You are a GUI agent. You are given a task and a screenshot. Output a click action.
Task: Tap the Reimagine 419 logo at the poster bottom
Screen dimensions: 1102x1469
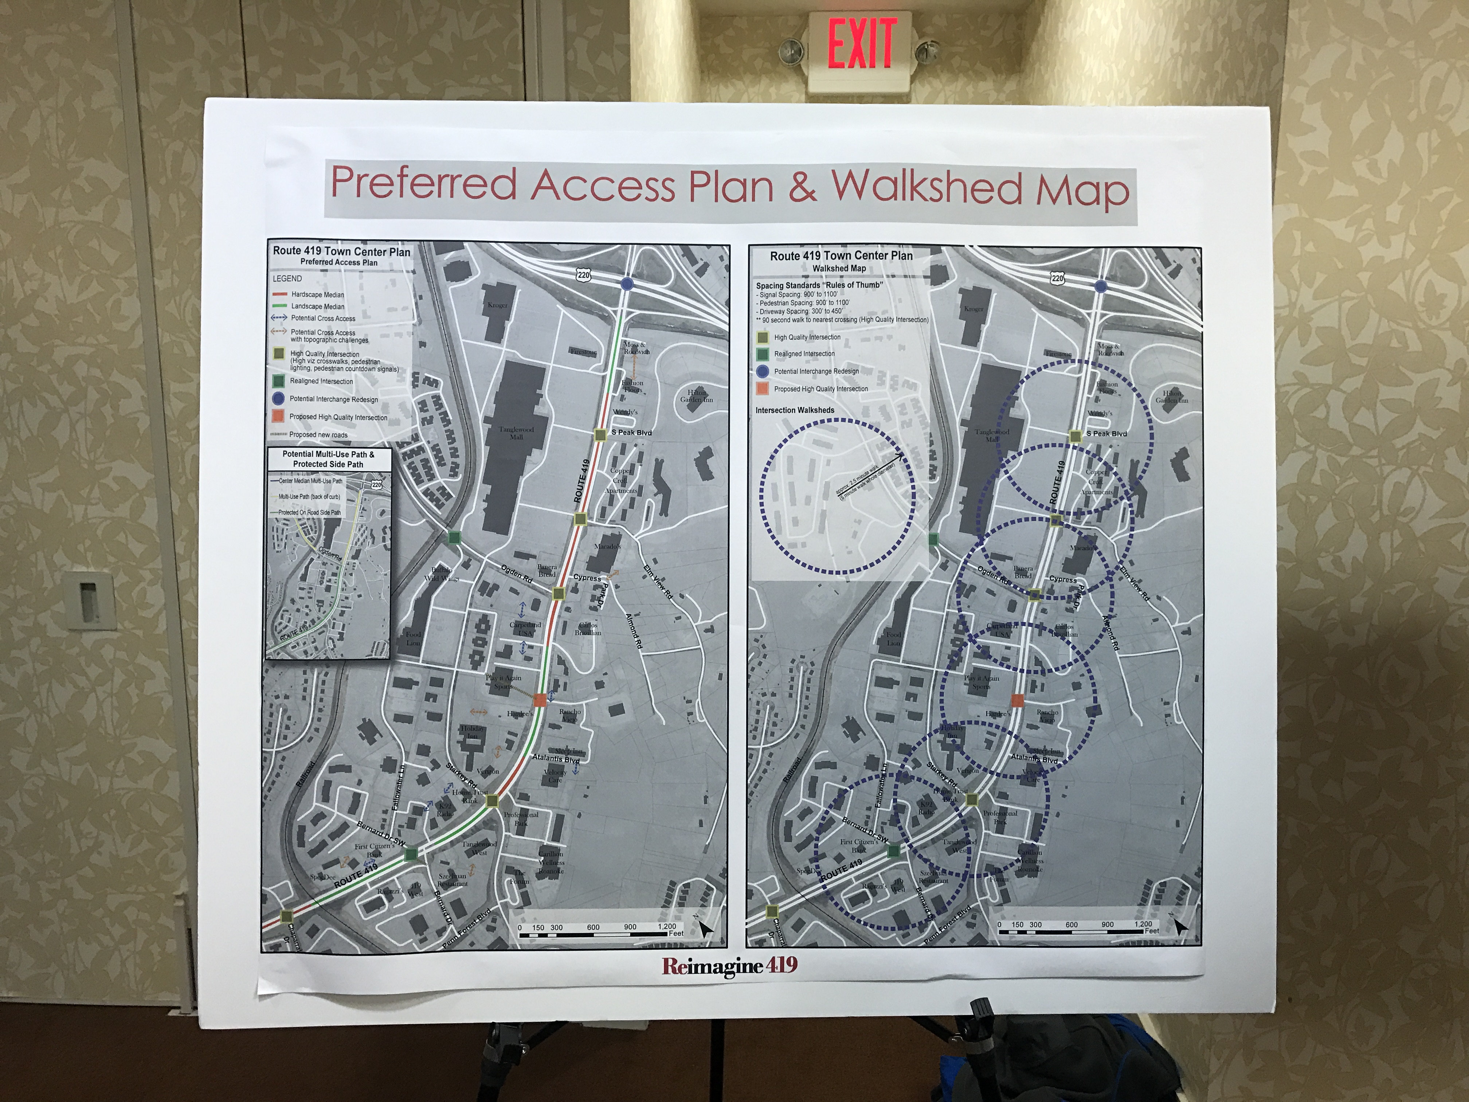[x=729, y=965]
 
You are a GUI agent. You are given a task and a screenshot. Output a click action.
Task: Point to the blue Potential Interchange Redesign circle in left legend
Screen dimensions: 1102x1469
[x=278, y=399]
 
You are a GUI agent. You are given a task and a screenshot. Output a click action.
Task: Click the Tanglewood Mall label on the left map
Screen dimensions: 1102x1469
[x=517, y=433]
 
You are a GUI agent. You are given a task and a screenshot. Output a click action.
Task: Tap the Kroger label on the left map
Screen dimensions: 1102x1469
[x=497, y=305]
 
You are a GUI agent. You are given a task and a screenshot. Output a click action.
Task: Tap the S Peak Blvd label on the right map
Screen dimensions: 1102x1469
[x=1106, y=434]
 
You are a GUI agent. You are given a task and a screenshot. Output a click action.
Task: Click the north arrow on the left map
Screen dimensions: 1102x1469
[x=705, y=928]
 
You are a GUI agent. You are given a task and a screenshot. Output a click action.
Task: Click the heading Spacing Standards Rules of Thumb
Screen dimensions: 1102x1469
[x=819, y=285]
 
